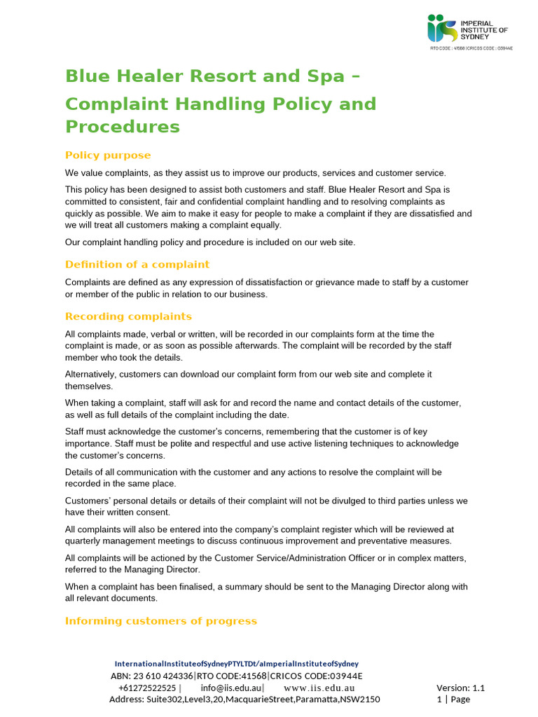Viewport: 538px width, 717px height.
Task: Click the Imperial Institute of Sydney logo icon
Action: click(x=441, y=28)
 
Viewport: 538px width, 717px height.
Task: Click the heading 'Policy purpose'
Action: click(x=108, y=155)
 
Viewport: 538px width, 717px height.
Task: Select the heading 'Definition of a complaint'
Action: click(x=137, y=264)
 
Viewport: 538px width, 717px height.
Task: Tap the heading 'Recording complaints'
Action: click(x=128, y=316)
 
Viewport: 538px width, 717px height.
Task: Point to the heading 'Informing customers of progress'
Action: click(x=160, y=620)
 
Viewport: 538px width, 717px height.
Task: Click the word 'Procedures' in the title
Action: click(x=122, y=127)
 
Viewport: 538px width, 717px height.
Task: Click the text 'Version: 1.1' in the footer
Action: click(x=460, y=688)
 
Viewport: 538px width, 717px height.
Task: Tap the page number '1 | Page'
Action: click(x=453, y=699)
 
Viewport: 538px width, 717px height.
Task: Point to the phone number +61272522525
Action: click(x=147, y=688)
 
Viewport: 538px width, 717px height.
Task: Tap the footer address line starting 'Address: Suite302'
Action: click(x=244, y=699)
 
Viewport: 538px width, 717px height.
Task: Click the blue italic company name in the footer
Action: click(x=236, y=663)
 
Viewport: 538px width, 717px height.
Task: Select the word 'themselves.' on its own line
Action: click(x=89, y=386)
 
